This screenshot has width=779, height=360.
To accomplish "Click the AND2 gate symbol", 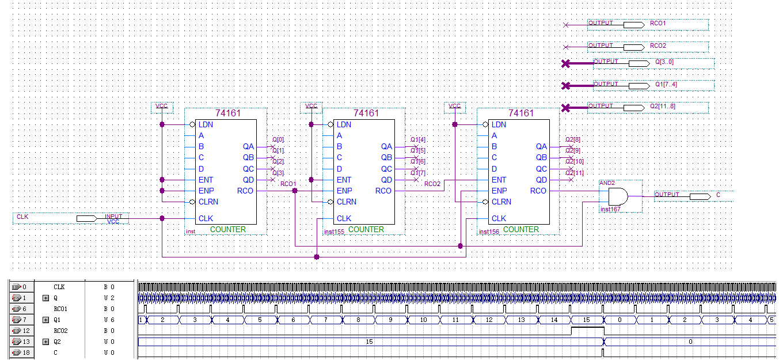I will click(x=618, y=196).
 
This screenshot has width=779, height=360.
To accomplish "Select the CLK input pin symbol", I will click(x=86, y=218).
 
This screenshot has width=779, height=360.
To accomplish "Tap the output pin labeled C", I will click(x=700, y=196).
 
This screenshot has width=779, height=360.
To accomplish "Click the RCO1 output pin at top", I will click(x=633, y=25).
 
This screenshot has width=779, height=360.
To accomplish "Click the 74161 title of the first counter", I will click(x=228, y=113).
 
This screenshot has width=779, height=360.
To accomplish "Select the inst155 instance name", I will click(x=334, y=232).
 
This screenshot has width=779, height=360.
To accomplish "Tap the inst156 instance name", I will click(x=489, y=232).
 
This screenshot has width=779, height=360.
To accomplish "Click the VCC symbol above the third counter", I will click(x=455, y=106).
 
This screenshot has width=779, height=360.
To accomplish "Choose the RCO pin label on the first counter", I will click(x=245, y=191).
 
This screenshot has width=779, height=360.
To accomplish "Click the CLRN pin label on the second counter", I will click(x=347, y=202).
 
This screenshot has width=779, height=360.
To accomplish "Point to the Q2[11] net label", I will click(x=574, y=173).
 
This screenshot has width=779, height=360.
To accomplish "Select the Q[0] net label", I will click(x=278, y=139).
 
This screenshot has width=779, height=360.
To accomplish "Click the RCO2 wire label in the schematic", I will click(x=432, y=184).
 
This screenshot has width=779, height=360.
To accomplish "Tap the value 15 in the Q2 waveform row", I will click(x=370, y=342).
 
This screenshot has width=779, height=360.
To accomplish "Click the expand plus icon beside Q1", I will click(x=46, y=320).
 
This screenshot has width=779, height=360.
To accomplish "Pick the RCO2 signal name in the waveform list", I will click(x=61, y=331).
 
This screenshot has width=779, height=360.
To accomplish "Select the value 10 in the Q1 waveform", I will click(x=423, y=320).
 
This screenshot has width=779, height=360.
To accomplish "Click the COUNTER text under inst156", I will click(x=521, y=229).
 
